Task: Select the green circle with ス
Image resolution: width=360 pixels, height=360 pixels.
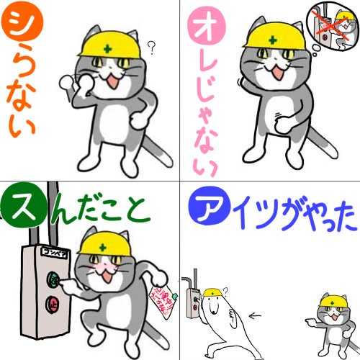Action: pos(22,207)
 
